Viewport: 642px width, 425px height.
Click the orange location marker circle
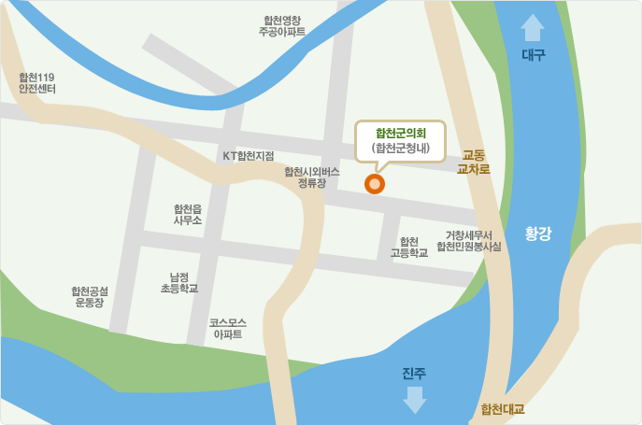(375, 184)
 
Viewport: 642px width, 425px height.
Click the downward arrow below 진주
(414, 400)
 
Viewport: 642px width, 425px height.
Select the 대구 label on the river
(533, 56)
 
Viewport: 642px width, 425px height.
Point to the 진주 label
(414, 374)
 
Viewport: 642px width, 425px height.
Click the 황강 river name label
(538, 234)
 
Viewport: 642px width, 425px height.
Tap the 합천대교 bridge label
(502, 409)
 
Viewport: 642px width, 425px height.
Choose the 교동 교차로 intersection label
(474, 163)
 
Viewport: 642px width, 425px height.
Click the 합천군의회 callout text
(400, 133)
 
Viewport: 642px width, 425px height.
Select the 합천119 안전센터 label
(37, 83)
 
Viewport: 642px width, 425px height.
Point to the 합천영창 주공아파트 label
(282, 25)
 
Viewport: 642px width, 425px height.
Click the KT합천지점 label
(248, 155)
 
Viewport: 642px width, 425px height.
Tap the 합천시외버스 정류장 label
(311, 177)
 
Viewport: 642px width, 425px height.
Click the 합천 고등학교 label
(408, 247)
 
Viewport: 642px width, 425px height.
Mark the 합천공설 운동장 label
(90, 297)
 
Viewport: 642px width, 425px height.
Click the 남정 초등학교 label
(179, 283)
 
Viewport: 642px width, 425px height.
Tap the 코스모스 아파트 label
(228, 327)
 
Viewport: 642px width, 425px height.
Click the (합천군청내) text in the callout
(400, 148)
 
